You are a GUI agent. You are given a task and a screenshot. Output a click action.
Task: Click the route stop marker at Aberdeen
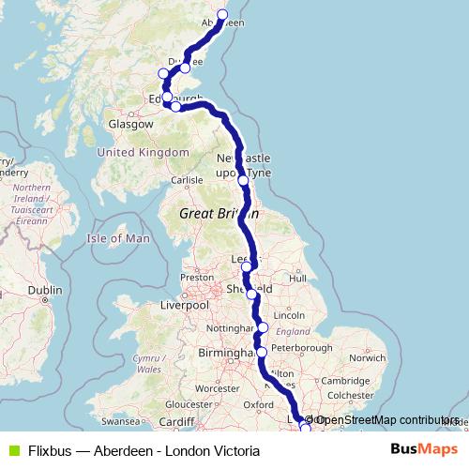tap(222, 14)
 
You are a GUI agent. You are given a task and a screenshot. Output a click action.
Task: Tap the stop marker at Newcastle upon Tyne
tap(243, 180)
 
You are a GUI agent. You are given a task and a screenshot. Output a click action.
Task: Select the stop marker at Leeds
tap(247, 267)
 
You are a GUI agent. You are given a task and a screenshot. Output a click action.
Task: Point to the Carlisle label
tap(187, 180)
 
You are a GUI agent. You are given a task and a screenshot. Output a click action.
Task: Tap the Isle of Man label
tap(118, 238)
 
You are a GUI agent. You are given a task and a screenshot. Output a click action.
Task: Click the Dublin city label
tap(44, 292)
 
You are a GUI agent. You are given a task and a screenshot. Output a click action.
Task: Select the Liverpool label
tap(184, 305)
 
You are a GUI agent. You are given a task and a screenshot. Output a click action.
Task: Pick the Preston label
tap(197, 278)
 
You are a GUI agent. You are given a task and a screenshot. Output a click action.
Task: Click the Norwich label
tap(366, 357)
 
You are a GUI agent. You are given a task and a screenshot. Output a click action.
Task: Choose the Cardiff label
tap(176, 421)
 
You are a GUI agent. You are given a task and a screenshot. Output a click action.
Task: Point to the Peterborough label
tap(302, 348)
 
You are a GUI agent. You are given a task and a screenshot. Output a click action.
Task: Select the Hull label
tap(298, 278)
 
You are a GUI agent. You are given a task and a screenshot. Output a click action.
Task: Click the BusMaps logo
tap(423, 450)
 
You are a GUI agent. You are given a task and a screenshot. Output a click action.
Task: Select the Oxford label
tap(258, 404)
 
